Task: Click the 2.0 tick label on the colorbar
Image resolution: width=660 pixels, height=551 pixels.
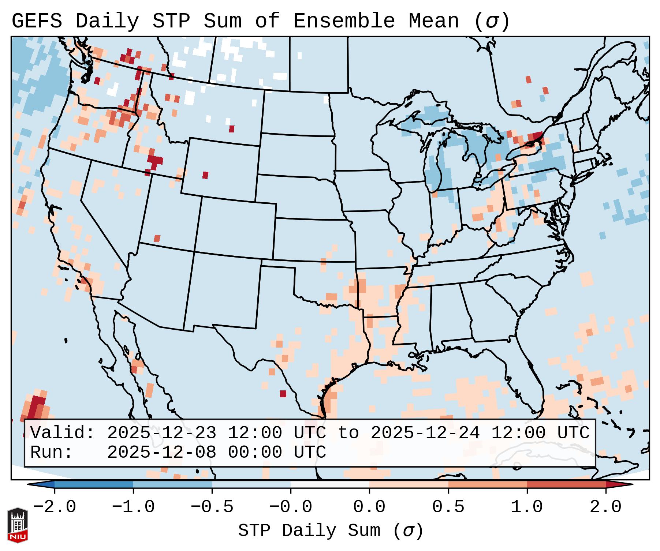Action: point(605,507)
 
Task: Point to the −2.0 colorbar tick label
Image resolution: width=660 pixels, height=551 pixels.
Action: point(55,507)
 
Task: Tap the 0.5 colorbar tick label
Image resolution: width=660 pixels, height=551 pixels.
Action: point(448,507)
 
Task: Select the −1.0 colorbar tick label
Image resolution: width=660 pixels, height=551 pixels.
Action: point(133,507)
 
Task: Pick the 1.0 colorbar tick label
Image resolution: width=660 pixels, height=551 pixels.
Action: point(527,507)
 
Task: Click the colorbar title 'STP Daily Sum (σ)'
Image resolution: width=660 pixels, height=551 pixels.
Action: point(331,531)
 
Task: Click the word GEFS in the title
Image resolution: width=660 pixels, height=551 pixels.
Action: point(37,21)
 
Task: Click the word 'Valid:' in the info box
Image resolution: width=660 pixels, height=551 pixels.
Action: point(63,433)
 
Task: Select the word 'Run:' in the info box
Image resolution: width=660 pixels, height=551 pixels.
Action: point(52,452)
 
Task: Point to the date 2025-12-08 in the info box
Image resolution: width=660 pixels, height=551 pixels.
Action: point(161,452)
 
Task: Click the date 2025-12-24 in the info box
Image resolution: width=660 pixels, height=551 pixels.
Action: point(425,433)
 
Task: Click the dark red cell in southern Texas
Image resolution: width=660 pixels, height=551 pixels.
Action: point(283,394)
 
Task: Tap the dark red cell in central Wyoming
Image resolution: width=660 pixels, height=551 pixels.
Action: point(205,175)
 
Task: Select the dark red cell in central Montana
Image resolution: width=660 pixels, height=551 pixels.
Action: point(232,129)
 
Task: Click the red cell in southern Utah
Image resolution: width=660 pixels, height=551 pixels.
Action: point(157,239)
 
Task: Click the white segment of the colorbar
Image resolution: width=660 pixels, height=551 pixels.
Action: point(330,484)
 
